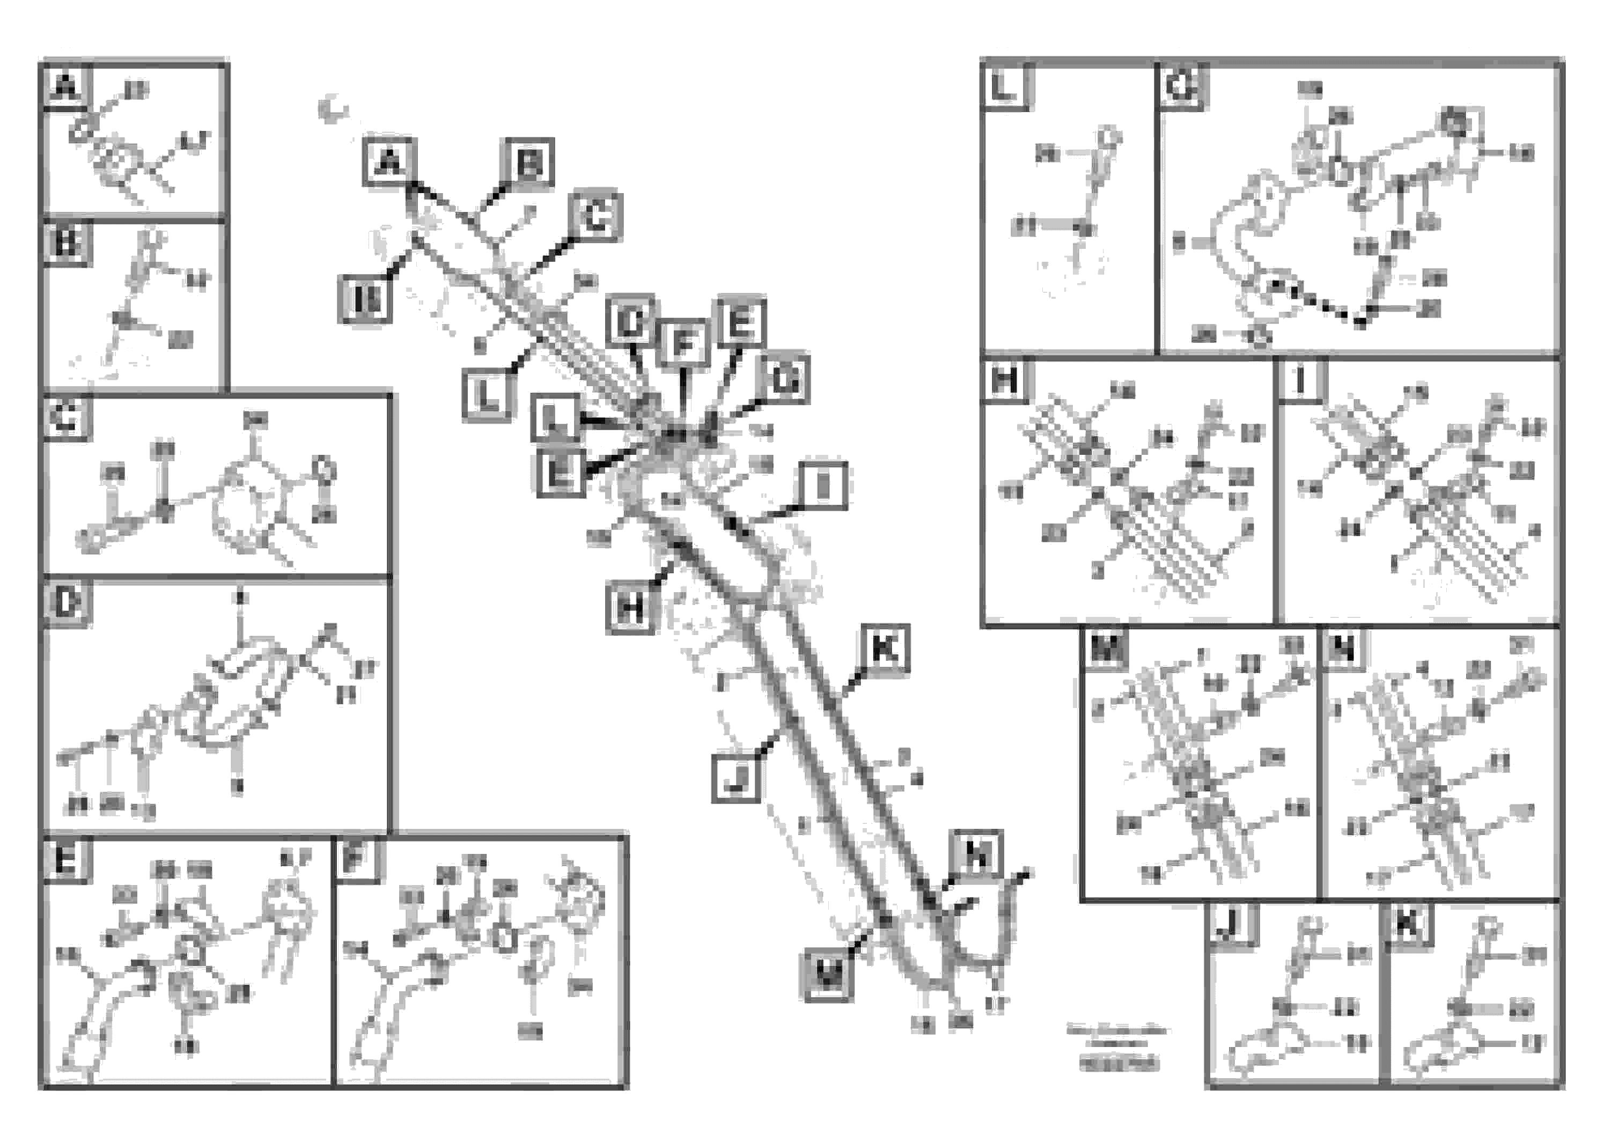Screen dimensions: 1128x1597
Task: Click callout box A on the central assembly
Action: click(x=389, y=162)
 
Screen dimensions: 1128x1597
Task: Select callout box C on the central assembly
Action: click(x=595, y=216)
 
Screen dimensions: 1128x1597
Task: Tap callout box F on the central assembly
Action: click(x=685, y=343)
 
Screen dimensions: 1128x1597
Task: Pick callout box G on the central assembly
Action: click(x=785, y=380)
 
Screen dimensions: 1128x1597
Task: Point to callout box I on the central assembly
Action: click(x=823, y=485)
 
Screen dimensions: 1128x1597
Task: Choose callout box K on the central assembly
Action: click(x=884, y=650)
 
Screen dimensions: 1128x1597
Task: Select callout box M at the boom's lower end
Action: click(x=828, y=976)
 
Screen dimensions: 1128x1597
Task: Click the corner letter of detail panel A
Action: click(x=65, y=87)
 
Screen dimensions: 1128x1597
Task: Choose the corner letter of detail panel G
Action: click(x=1181, y=87)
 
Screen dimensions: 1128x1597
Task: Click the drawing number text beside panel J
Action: click(x=1119, y=1064)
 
